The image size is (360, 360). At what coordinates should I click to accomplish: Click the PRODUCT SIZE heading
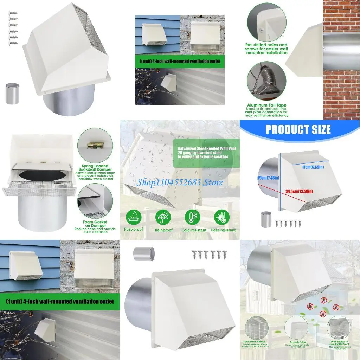click(x=298, y=129)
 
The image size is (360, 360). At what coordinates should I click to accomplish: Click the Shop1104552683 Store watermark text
click(x=180, y=182)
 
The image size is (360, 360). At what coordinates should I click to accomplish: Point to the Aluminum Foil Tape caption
click(x=267, y=105)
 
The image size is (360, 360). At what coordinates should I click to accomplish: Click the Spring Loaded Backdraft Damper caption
click(x=95, y=168)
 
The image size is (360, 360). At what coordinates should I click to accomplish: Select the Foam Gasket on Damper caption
click(x=95, y=224)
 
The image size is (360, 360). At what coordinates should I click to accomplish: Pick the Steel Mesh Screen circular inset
click(x=256, y=327)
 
